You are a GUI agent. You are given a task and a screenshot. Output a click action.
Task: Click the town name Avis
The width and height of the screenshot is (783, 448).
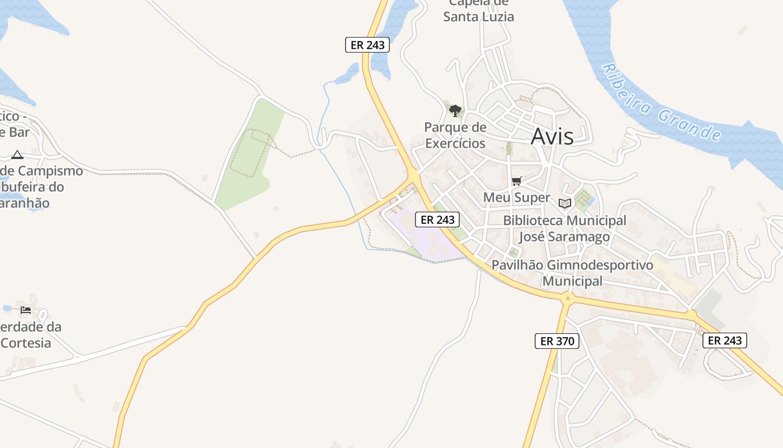point(552,136)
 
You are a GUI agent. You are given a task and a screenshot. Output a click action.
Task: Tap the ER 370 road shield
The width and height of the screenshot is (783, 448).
point(556,340)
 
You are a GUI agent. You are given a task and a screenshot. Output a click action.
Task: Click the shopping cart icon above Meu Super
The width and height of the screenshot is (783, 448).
point(517,181)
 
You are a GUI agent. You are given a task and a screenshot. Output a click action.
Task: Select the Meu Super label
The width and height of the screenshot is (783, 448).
point(516,198)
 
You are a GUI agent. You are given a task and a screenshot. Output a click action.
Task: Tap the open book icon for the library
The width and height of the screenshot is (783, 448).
point(564,203)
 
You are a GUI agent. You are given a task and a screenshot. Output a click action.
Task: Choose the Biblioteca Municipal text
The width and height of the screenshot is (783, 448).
point(564,221)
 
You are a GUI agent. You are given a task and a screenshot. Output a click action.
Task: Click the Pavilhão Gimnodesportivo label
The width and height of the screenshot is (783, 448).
point(572,265)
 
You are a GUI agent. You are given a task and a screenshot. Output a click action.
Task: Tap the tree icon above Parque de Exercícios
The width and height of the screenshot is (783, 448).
point(455,110)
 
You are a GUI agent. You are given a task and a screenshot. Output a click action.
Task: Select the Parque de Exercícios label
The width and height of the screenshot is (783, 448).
point(455,136)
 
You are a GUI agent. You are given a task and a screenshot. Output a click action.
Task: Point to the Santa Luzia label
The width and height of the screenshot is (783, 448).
point(478,17)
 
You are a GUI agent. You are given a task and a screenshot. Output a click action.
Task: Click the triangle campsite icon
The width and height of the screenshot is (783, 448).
point(17,155)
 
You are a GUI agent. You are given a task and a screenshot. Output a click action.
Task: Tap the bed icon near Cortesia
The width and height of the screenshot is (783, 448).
point(26,310)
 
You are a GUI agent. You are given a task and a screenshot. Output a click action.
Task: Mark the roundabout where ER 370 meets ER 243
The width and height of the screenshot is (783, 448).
point(568,298)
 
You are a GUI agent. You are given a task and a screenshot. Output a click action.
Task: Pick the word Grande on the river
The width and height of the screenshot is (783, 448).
point(689,125)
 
